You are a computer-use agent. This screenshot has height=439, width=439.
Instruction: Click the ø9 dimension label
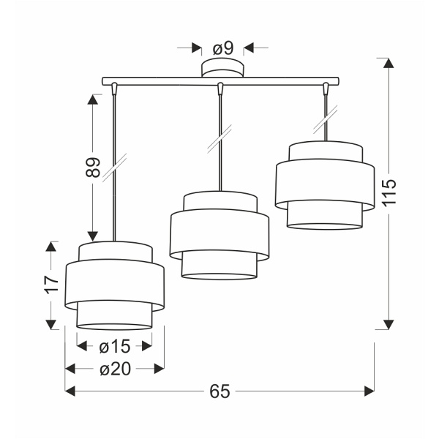tap(222, 48)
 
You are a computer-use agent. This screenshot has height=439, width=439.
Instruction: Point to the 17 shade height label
tap(50, 285)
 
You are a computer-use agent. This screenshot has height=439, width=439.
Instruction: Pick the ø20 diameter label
tap(114, 369)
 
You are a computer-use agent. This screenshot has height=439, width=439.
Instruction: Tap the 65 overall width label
tap(219, 392)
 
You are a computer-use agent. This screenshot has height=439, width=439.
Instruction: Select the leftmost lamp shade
tap(113, 285)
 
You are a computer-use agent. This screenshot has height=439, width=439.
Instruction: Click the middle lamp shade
tap(219, 235)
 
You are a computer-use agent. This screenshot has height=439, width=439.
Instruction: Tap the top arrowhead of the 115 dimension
tap(389, 64)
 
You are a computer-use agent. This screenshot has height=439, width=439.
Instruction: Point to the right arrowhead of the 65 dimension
tap(369, 392)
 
